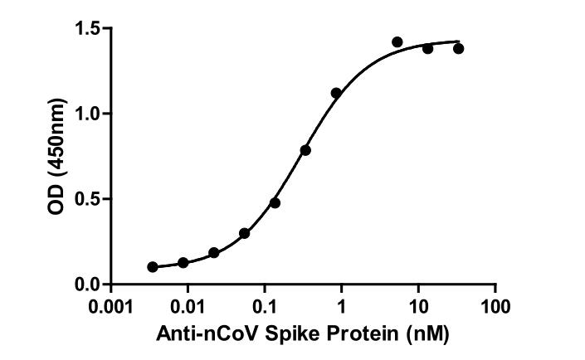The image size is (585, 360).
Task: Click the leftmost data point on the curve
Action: coord(153,267)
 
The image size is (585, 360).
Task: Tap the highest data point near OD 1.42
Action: coord(397,41)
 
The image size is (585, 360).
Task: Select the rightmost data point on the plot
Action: coord(458,48)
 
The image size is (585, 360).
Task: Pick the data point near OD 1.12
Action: coord(336,93)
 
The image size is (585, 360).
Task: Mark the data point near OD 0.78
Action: coord(305,150)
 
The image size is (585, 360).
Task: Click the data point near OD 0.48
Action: coord(275,202)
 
